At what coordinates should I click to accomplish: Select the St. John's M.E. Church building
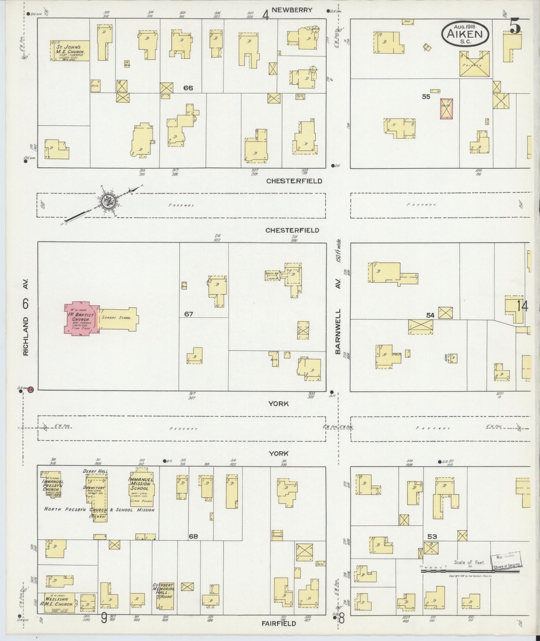point(70,51)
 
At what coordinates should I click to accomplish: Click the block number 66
point(188,88)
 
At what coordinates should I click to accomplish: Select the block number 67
point(189,314)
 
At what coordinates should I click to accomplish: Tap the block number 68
point(193,536)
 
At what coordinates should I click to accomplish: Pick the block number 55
point(426,97)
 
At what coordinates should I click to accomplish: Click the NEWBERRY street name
point(292,10)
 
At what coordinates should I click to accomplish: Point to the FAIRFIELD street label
point(279,624)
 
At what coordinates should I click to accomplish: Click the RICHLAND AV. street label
point(26,317)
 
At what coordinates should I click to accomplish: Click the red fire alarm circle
point(31,389)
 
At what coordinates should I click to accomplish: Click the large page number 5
point(515,27)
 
